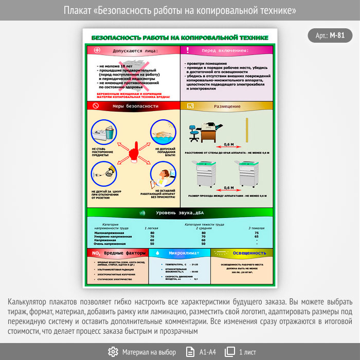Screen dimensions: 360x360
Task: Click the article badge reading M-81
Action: pos(330,35)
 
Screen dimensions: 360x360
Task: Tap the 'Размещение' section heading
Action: pos(227,106)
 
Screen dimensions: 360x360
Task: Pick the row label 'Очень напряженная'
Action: pos(109,244)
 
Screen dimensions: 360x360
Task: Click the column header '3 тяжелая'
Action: pos(256,227)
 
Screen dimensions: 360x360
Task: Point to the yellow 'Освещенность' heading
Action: pos(249,253)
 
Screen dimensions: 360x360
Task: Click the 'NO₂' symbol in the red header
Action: pos(96,254)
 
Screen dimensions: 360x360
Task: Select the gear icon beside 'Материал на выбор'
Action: pos(113,352)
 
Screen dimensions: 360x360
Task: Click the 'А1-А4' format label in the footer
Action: pos(208,352)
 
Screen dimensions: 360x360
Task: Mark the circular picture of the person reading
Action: pos(163,178)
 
